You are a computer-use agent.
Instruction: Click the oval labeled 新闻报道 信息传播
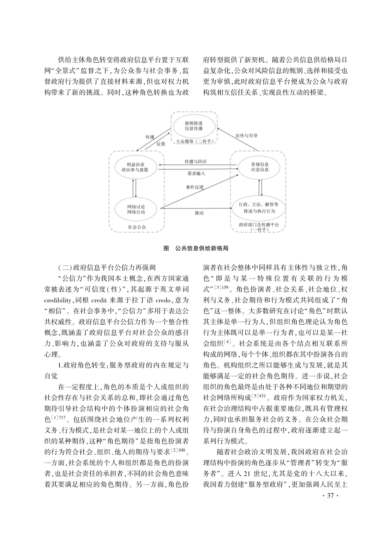pyautogui.click(x=194, y=125)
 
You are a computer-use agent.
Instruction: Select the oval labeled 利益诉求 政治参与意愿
pyautogui.click(x=135, y=167)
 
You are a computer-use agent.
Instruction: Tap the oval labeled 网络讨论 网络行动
pyautogui.click(x=136, y=209)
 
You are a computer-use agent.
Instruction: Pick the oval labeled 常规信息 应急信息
pyautogui.click(x=260, y=167)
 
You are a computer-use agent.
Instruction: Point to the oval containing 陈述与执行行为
pyautogui.click(x=259, y=208)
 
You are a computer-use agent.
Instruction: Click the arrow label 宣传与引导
pyautogui.click(x=247, y=136)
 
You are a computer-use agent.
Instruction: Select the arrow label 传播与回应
pyautogui.click(x=196, y=161)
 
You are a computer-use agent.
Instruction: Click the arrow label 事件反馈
pyautogui.click(x=195, y=187)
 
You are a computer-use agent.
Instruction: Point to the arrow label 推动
pyautogui.click(x=199, y=213)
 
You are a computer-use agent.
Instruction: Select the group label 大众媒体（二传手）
pyautogui.click(x=194, y=141)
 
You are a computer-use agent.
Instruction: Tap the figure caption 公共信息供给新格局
pyautogui.click(x=202, y=248)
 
